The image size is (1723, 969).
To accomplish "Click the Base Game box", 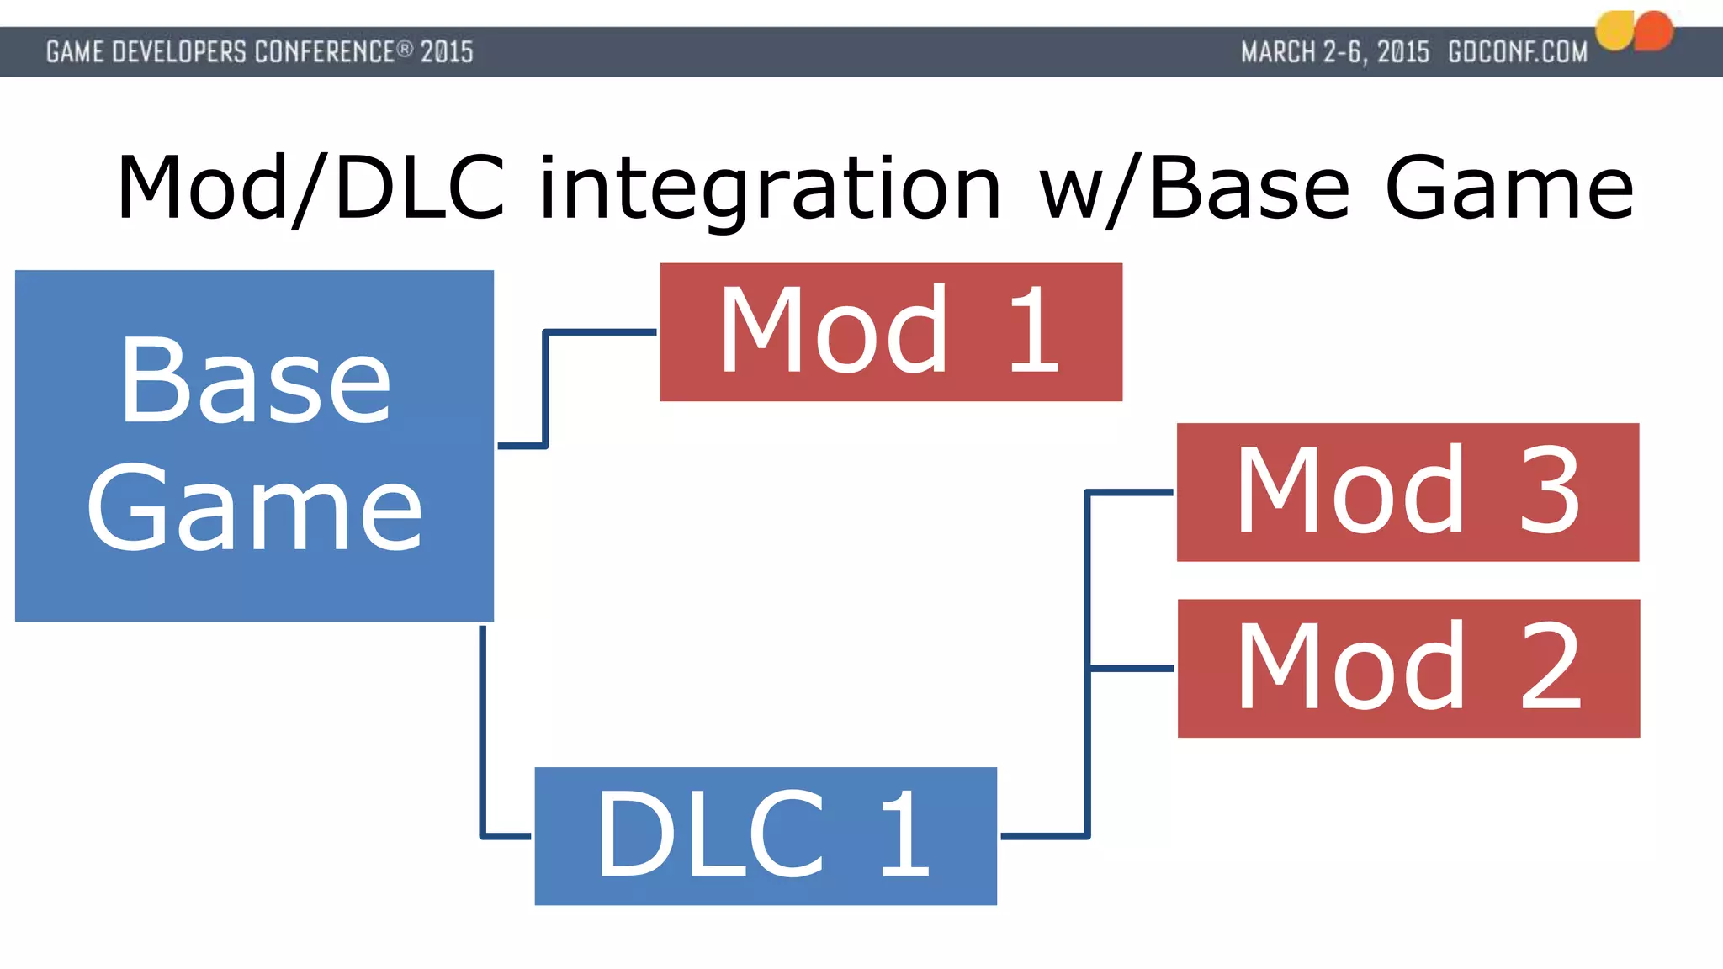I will pyautogui.click(x=254, y=446).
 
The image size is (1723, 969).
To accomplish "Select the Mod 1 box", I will pyautogui.click(x=891, y=331).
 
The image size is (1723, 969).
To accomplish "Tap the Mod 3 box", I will pyautogui.click(x=1408, y=492).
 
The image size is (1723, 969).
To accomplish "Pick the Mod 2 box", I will pyautogui.click(x=1408, y=668).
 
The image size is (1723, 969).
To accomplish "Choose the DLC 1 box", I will pyautogui.click(x=766, y=835).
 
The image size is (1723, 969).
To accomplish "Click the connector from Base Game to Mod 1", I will pyautogui.click(x=546, y=387).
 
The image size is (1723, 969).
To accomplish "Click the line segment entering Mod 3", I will pyautogui.click(x=1132, y=492).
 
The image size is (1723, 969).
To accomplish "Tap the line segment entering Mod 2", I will pyautogui.click(x=1132, y=668).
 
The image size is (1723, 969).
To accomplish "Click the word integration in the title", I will pyautogui.click(x=770, y=188).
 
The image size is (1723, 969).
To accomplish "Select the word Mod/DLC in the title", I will pyautogui.click(x=311, y=188).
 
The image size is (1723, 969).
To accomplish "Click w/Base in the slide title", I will pyautogui.click(x=1195, y=188).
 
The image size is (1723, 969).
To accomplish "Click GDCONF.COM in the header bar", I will pyautogui.click(x=1518, y=52).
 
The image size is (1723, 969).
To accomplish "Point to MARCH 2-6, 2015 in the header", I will pyautogui.click(x=1335, y=52).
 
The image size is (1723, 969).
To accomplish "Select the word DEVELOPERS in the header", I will pyautogui.click(x=179, y=52).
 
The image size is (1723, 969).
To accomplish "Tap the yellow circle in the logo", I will pyautogui.click(x=1615, y=31).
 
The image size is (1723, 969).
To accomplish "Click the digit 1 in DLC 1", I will pyautogui.click(x=905, y=835).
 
